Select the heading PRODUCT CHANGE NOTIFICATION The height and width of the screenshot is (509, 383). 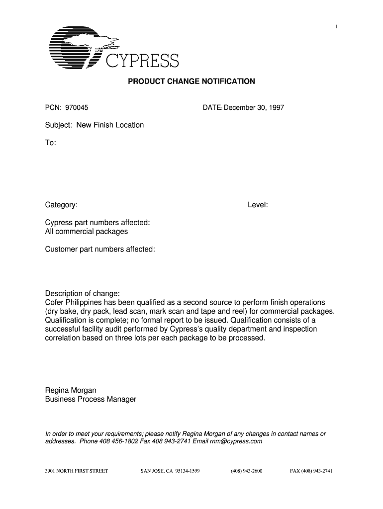[191, 81]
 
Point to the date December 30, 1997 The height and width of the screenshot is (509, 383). [254, 107]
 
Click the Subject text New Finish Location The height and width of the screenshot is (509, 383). [110, 125]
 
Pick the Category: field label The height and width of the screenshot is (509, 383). [61, 205]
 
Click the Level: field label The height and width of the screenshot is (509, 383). [258, 205]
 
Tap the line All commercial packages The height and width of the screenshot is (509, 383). [87, 231]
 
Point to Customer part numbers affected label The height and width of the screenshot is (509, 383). [100, 249]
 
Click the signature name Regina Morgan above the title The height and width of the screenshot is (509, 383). [71, 390]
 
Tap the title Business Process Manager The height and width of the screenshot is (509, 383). [91, 399]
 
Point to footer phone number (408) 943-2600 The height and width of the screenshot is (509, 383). [247, 470]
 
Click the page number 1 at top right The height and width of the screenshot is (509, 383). [337, 26]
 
